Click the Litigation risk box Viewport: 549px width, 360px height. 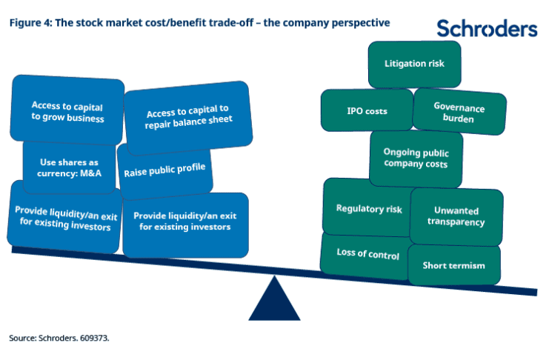[x=415, y=64]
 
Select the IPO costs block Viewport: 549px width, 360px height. [x=367, y=110]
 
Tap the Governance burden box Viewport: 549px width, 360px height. [x=459, y=112]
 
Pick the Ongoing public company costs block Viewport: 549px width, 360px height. [x=416, y=159]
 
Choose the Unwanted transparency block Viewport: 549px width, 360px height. [x=456, y=216]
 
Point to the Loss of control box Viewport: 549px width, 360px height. [x=366, y=256]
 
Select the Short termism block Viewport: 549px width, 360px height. [x=454, y=265]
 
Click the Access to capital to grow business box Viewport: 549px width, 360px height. [x=67, y=110]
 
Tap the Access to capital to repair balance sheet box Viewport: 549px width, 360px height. [x=188, y=118]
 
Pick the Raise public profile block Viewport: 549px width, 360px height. [x=164, y=171]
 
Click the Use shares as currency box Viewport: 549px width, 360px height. [x=69, y=167]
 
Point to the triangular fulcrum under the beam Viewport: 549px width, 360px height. [x=274, y=301]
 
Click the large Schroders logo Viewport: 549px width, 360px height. [x=487, y=28]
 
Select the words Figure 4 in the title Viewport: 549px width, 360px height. [x=30, y=23]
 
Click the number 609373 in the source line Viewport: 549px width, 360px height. [x=94, y=339]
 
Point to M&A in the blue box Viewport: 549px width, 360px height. [x=90, y=173]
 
